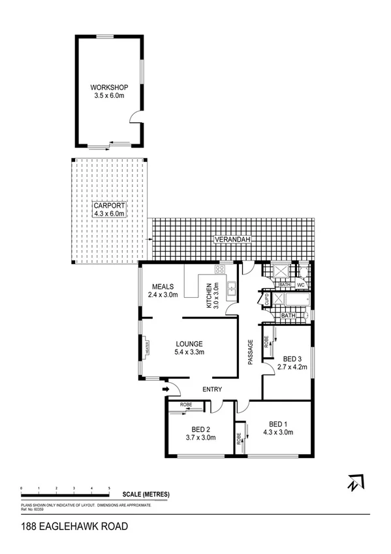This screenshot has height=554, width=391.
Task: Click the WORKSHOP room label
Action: (109, 88)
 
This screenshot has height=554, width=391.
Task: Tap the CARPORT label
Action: (109, 205)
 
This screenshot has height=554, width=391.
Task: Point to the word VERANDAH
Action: (232, 241)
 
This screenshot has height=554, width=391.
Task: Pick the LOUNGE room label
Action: (189, 344)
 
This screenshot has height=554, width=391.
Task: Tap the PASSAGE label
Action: (250, 352)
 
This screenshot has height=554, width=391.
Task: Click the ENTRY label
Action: (212, 390)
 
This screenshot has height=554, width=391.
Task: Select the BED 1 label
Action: (278, 423)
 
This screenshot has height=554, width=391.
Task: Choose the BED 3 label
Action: (292, 358)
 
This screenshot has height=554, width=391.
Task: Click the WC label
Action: (302, 285)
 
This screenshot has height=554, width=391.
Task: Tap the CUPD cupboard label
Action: (266, 300)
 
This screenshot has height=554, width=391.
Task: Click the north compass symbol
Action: (354, 483)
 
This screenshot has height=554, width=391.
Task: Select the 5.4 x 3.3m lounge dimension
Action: (189, 353)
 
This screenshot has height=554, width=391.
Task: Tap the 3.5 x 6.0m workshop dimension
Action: (109, 97)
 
